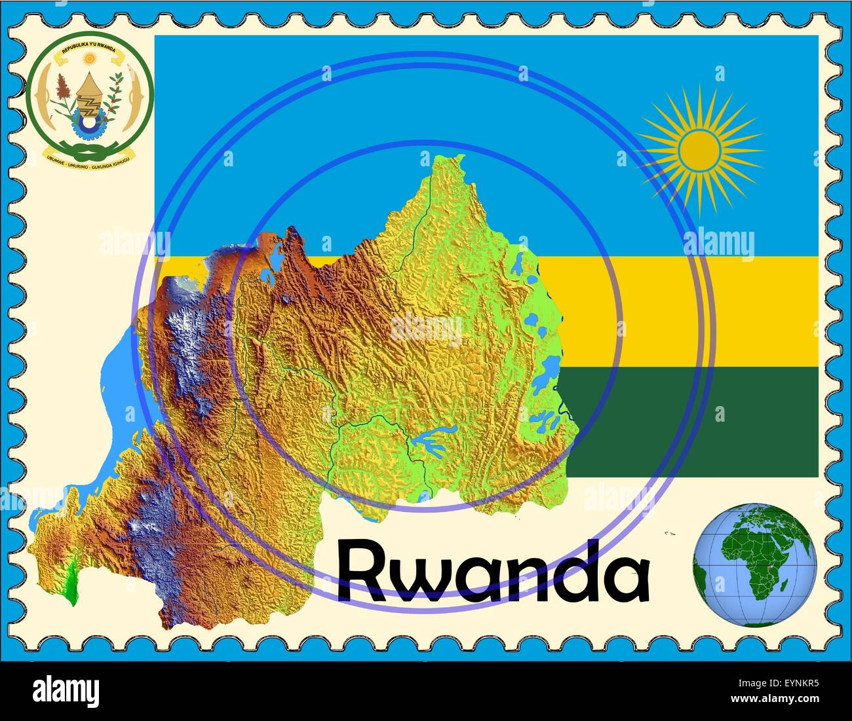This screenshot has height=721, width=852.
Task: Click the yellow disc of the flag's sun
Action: point(700,149)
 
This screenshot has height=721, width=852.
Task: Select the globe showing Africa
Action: point(754,565)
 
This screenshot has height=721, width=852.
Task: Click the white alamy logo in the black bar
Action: point(66,691)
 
